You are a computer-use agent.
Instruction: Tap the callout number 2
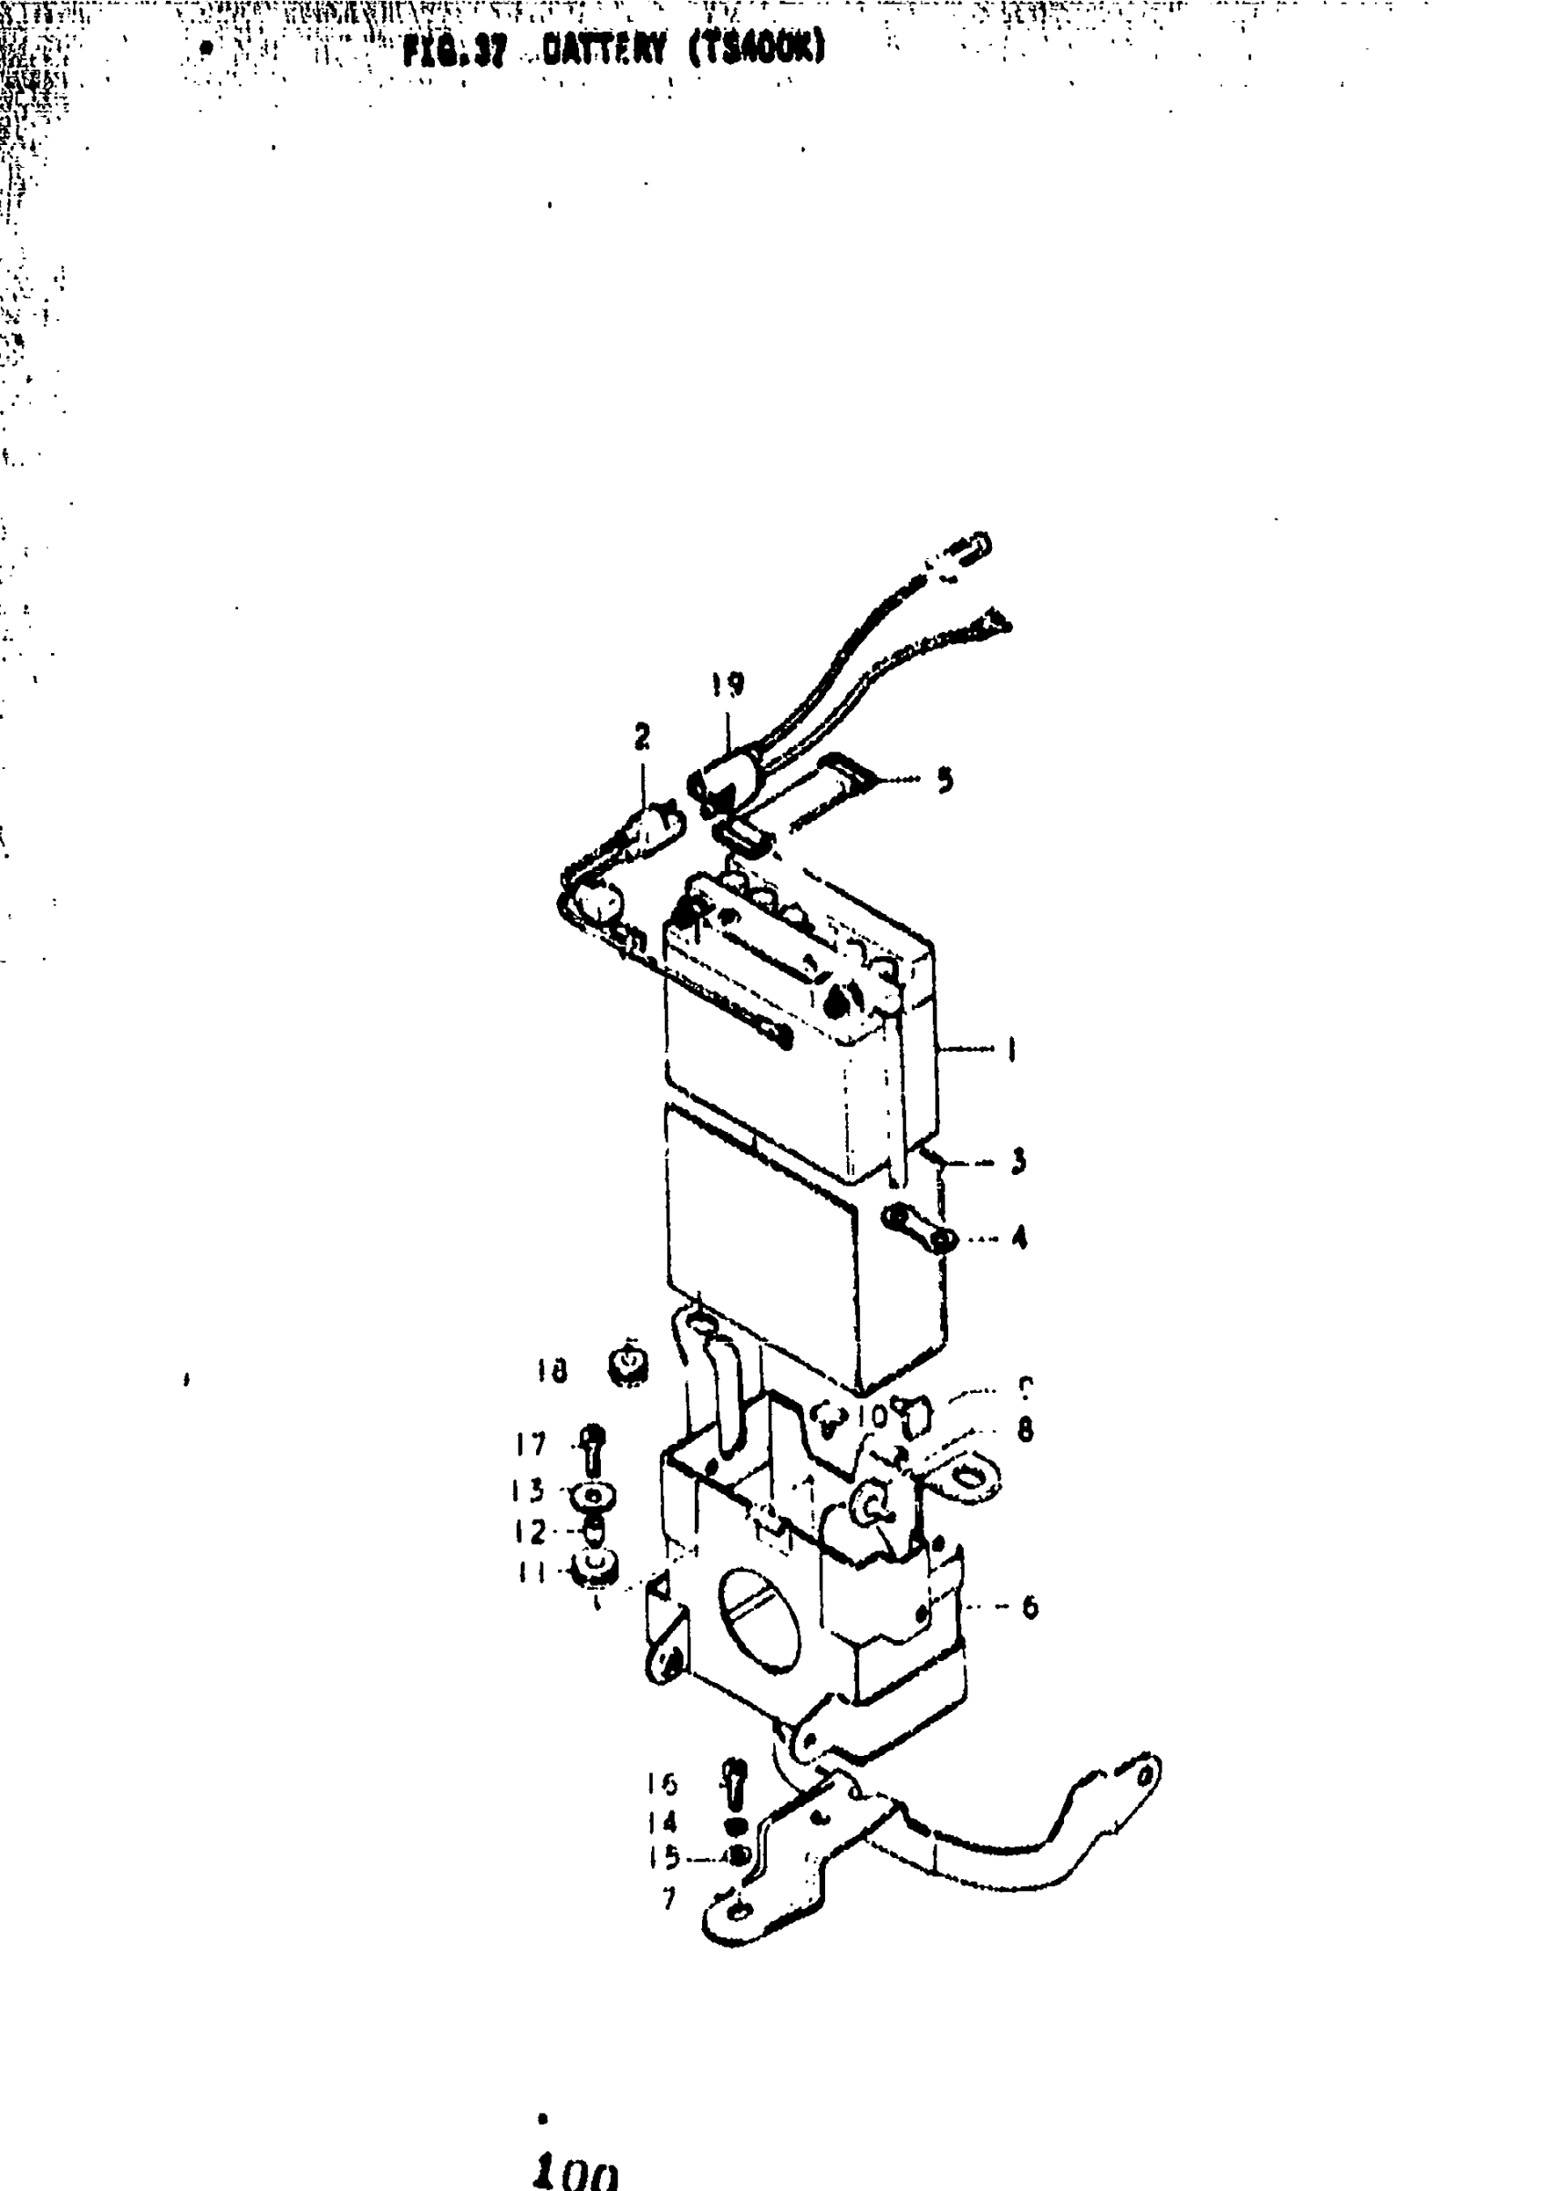(x=641, y=736)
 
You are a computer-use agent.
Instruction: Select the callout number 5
(x=944, y=780)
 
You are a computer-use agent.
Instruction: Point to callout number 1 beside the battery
(x=1011, y=1051)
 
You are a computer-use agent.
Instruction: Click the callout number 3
(x=1018, y=1162)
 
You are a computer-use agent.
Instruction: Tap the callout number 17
(x=531, y=1445)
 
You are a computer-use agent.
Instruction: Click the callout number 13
(x=529, y=1490)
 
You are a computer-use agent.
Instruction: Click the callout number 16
(x=662, y=1783)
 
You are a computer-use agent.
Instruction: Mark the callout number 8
(x=1025, y=1429)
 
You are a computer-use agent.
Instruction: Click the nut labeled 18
(x=628, y=1368)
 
